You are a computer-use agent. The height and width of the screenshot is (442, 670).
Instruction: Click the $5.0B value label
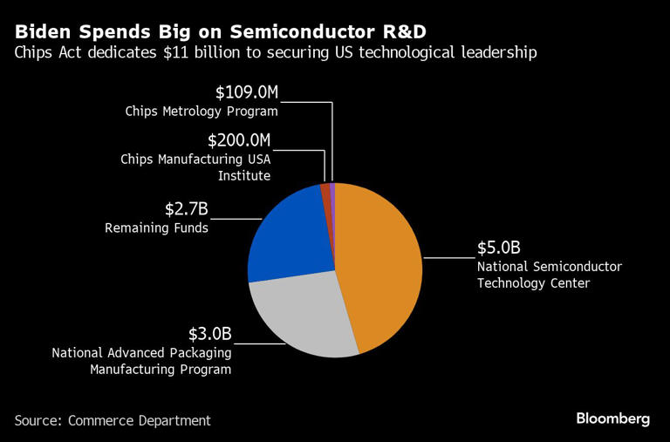coord(497,248)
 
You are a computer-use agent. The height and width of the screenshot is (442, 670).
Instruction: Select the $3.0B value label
coord(210,334)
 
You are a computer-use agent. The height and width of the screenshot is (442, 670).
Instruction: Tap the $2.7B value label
coord(187,209)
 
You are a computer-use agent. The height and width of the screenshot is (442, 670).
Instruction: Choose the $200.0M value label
coord(239,140)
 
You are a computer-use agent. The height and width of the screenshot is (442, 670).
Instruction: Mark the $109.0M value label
coord(246,92)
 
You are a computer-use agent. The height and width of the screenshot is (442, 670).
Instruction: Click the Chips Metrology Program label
coord(202,112)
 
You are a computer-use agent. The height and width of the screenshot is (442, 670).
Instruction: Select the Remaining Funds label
coord(157,228)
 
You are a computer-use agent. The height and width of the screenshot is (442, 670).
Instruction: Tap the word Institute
coord(243,175)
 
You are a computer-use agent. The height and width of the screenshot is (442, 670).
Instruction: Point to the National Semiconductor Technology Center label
coord(549,275)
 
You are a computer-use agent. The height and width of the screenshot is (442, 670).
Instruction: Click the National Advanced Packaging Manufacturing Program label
coord(141,361)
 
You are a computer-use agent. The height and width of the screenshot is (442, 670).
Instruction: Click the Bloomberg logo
coord(612,419)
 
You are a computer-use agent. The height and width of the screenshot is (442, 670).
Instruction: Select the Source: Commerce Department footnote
coord(113,420)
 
